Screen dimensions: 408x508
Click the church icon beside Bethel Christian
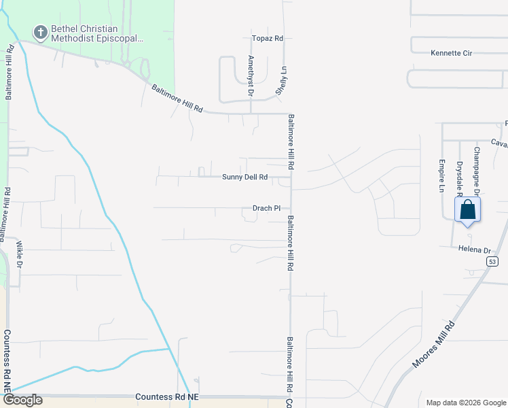40,31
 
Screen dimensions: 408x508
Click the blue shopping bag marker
468,209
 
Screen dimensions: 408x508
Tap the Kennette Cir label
451,52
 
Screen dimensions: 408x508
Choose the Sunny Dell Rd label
244,177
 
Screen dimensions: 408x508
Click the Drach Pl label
266,208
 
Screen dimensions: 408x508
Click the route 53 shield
492,261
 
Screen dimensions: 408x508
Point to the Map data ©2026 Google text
465,403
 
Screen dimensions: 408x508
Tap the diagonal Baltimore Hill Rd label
177,99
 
